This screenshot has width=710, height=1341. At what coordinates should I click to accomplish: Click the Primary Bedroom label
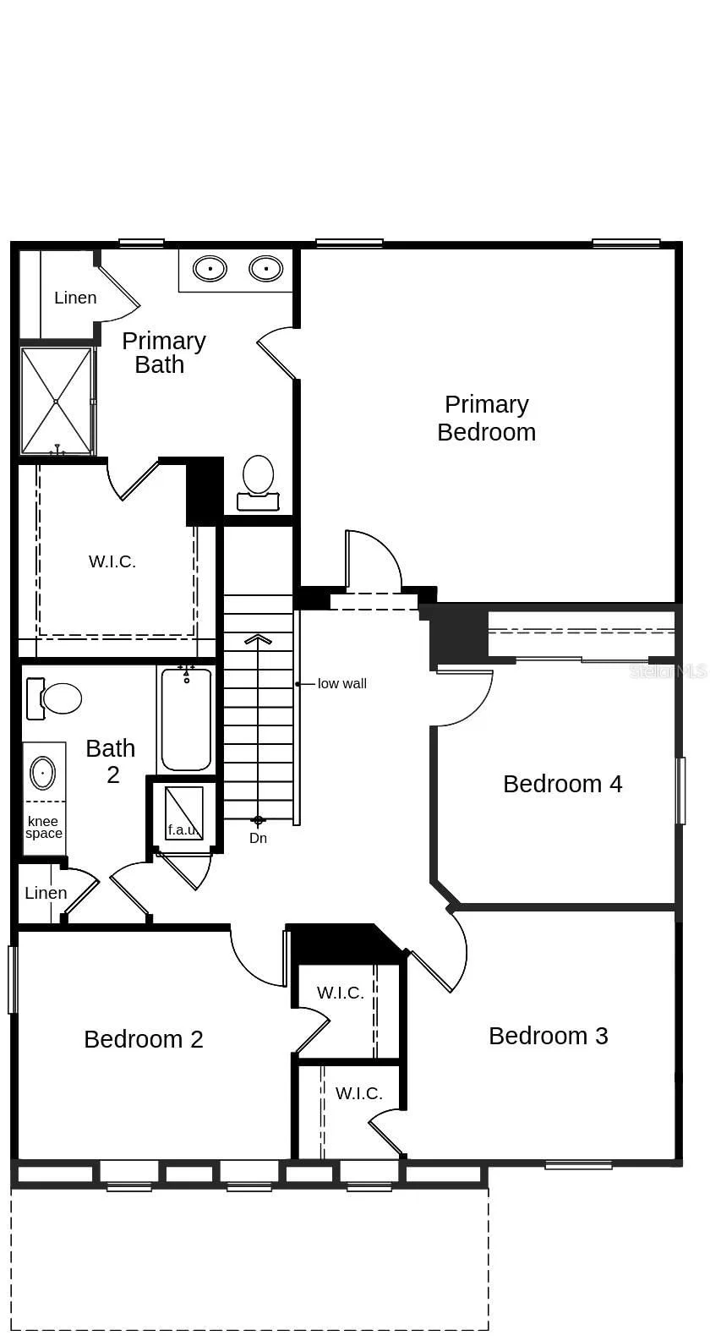coord(486,418)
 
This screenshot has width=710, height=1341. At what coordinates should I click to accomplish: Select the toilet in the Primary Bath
coord(258,483)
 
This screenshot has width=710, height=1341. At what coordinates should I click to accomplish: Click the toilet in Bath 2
coord(54,698)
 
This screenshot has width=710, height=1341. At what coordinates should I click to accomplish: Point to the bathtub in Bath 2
coord(186,719)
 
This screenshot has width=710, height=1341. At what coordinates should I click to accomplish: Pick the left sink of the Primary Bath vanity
coord(210,269)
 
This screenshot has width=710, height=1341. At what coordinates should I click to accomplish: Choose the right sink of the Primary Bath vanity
coord(265,269)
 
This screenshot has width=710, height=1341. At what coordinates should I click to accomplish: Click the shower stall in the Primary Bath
coord(57,401)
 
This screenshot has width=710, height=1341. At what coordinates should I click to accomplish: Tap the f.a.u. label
coord(183,829)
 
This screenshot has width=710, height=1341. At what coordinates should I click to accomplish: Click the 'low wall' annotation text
coord(341,684)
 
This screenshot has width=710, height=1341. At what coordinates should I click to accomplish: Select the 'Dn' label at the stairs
coord(258,838)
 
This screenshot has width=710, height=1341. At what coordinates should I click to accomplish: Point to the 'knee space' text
coord(44,828)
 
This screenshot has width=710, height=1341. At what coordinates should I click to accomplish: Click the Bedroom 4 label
coord(562,784)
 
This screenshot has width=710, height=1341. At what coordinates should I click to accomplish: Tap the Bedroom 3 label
coord(549,1036)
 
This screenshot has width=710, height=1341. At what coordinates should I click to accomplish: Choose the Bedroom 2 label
coord(144,1039)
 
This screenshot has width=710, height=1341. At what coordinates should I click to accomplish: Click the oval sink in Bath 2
coord(43,773)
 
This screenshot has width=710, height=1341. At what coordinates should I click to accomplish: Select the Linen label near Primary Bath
coord(75,298)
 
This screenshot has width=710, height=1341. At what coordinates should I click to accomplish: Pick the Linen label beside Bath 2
coord(46,893)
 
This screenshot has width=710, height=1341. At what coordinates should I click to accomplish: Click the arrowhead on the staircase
coord(258,638)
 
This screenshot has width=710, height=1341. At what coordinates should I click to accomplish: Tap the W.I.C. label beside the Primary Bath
coord(112,561)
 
